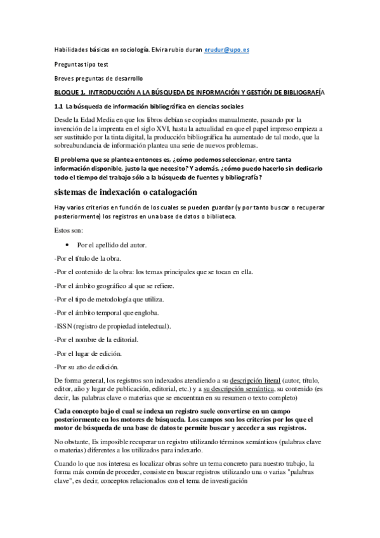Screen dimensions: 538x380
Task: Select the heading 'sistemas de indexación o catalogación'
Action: (126, 192)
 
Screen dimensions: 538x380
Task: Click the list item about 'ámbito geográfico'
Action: (114, 285)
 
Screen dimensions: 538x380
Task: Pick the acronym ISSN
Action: (65, 326)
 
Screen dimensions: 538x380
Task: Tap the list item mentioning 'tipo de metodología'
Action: (109, 299)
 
